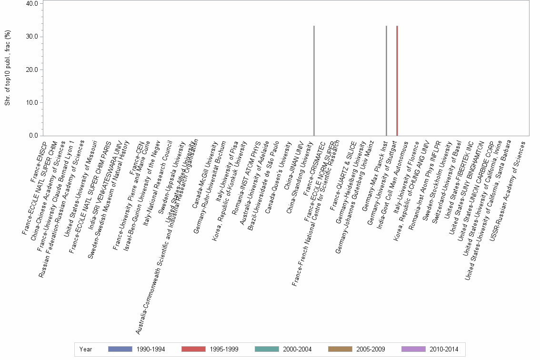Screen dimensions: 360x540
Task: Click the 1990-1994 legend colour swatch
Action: coord(120,349)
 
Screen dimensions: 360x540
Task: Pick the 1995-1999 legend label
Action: coord(223,349)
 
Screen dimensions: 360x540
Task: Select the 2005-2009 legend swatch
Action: coord(340,349)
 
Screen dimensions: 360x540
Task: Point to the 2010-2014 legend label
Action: coord(443,349)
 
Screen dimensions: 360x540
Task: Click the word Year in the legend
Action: coord(86,349)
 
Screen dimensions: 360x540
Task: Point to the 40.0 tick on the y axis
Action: coord(32,4)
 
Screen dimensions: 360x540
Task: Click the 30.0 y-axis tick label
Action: coord(32,37)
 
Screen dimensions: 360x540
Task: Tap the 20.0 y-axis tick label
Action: coord(32,70)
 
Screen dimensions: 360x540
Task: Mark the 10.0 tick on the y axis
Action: coord(32,102)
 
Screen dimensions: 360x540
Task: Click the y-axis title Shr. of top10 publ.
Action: coord(8,70)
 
